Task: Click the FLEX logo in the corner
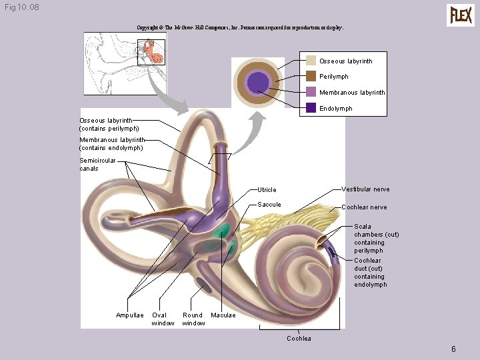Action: [x=461, y=15]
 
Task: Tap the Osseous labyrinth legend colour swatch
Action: [x=311, y=61]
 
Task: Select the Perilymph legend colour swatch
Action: [x=311, y=76]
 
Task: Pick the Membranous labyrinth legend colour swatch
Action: [x=311, y=92]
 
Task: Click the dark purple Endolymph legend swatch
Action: [x=311, y=108]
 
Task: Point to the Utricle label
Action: [x=267, y=190]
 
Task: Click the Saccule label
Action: [x=269, y=205]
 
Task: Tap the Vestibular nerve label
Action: [x=365, y=189]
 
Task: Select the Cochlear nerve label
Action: [x=364, y=207]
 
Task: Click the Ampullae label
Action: [x=129, y=315]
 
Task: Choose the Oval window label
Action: [x=163, y=319]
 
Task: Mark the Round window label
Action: [x=193, y=319]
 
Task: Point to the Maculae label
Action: [x=223, y=315]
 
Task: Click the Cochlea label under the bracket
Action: [x=299, y=339]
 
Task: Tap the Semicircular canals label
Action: [x=97, y=165]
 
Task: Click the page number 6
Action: [x=453, y=349]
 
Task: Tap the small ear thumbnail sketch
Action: [x=124, y=64]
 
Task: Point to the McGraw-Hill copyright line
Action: [x=240, y=28]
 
